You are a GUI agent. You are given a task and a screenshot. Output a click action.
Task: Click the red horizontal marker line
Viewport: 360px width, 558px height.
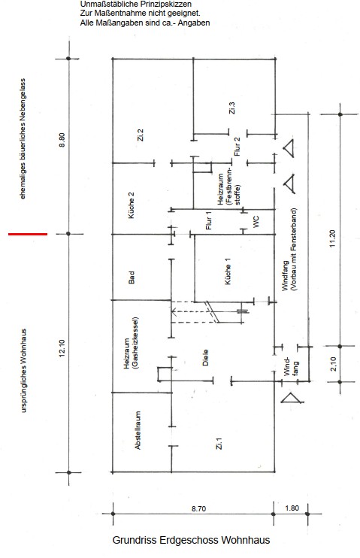click(x=28, y=234)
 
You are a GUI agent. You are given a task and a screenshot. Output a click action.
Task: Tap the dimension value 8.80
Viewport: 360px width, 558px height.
click(x=62, y=140)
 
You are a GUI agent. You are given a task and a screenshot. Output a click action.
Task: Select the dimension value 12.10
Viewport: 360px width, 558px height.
click(x=62, y=348)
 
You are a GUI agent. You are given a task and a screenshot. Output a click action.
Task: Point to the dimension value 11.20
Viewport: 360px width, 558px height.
click(x=333, y=239)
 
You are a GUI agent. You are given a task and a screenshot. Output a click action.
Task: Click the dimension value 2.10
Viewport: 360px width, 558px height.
click(x=334, y=364)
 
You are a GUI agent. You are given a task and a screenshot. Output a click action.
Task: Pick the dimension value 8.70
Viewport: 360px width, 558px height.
click(x=198, y=509)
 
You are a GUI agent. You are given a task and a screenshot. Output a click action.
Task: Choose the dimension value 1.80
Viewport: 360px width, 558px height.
click(x=292, y=508)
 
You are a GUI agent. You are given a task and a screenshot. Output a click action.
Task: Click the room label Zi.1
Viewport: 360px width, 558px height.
click(x=219, y=444)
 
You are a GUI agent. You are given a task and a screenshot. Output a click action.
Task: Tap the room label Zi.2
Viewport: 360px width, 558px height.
click(x=141, y=135)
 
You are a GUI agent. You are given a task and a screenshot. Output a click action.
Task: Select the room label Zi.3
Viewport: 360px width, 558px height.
click(x=232, y=108)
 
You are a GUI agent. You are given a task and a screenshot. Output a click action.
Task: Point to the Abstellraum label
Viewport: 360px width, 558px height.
click(x=138, y=430)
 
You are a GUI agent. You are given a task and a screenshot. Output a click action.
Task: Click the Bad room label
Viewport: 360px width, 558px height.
click(x=132, y=277)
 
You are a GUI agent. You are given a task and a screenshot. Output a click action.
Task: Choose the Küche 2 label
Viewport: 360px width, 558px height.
click(x=132, y=206)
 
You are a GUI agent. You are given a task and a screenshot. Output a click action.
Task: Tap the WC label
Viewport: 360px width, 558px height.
click(x=256, y=222)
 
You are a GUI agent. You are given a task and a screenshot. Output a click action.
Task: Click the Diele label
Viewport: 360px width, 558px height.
click(x=205, y=358)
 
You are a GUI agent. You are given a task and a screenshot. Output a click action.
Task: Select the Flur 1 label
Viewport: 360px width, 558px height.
click(x=209, y=220)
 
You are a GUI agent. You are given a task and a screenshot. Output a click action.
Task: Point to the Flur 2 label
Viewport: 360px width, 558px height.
click(x=237, y=147)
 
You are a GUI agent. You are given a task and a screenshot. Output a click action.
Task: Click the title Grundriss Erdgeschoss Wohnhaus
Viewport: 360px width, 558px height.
click(x=191, y=540)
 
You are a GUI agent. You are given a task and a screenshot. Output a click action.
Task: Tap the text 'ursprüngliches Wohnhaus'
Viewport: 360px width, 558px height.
click(x=24, y=371)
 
